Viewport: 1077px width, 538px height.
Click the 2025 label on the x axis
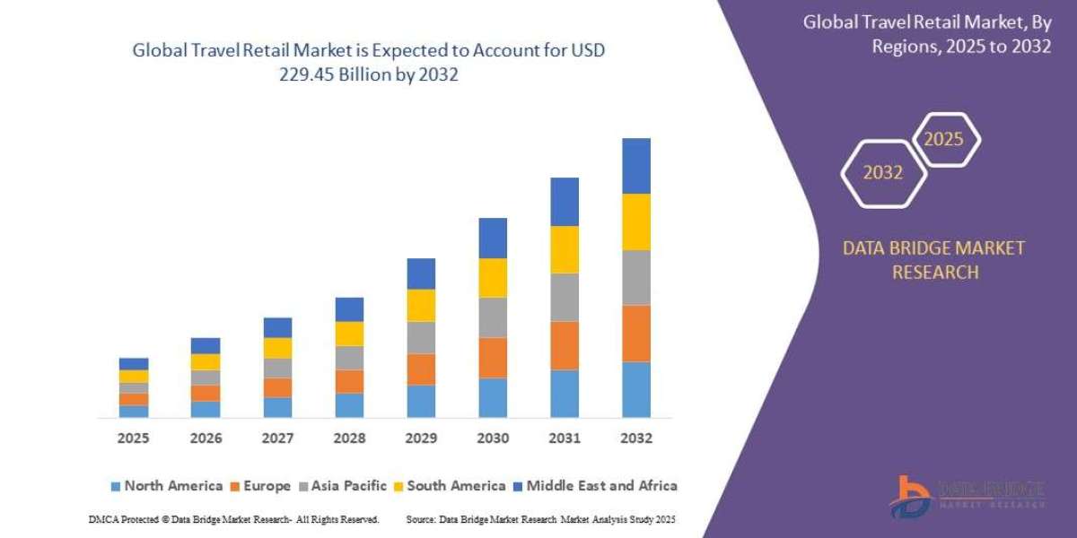tap(133, 438)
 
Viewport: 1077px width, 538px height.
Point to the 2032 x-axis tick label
tap(635, 438)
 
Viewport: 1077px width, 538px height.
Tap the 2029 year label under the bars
tap(421, 438)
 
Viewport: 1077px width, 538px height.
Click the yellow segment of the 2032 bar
tap(635, 221)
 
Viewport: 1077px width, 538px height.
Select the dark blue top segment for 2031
tap(565, 202)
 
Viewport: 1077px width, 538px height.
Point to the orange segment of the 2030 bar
tap(493, 358)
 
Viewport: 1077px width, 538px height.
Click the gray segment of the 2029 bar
tap(421, 337)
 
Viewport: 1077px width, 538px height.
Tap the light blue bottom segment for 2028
tap(349, 405)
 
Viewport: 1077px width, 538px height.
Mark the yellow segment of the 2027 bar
tap(277, 348)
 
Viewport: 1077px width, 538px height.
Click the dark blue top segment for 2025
tap(134, 364)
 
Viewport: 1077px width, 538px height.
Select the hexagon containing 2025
tap(945, 140)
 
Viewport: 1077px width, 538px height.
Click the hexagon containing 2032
tap(882, 173)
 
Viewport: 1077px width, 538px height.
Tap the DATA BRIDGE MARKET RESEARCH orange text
tap(934, 260)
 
